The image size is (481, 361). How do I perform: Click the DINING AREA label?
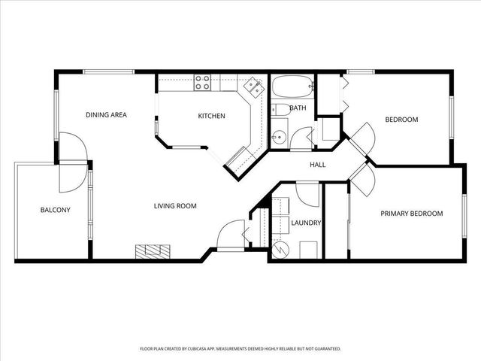point(106,115)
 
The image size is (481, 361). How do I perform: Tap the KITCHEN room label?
point(211,116)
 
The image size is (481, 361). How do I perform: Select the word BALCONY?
point(55,210)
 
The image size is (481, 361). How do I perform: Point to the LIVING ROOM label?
point(175,206)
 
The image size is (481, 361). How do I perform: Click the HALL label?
point(317,165)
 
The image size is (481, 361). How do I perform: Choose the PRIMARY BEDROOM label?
point(412,214)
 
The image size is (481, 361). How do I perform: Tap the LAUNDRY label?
point(306,223)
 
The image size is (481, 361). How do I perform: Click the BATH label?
point(298,108)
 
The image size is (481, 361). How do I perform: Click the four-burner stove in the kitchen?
point(202,83)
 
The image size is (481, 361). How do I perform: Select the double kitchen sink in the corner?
point(254,87)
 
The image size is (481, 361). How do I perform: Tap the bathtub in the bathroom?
point(292,86)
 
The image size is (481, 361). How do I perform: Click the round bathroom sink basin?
point(279,137)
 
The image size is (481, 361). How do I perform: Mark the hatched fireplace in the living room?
point(153,252)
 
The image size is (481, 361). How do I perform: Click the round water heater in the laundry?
point(280,249)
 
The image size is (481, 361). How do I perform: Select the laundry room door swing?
point(307,195)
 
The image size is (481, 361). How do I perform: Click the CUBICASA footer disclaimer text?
point(240,349)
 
